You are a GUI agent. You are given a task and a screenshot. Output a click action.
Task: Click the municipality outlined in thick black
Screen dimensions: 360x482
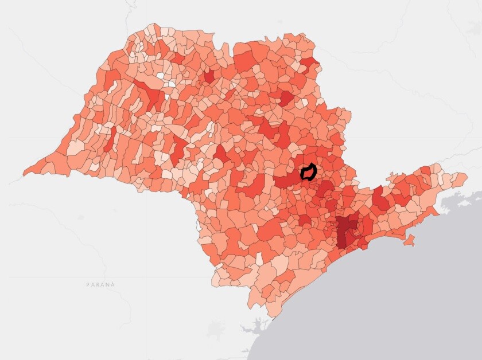[x=309, y=171]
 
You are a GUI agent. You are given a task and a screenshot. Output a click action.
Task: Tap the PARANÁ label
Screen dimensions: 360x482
[x=100, y=284]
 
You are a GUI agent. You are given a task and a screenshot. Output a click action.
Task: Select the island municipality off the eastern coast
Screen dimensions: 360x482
[x=409, y=241]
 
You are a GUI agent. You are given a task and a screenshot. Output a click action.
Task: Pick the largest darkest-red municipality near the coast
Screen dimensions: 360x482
[x=345, y=230]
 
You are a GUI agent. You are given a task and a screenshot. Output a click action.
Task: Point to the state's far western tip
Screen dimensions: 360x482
[x=26, y=171]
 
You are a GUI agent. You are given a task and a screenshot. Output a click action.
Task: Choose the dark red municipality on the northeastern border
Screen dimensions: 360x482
[x=309, y=63]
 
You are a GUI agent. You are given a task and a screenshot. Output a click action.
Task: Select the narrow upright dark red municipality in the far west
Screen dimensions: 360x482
[x=109, y=138]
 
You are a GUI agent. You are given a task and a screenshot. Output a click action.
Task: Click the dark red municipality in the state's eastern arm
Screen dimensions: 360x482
[x=380, y=198]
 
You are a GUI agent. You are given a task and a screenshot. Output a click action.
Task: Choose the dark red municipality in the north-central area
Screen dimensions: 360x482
[x=285, y=98]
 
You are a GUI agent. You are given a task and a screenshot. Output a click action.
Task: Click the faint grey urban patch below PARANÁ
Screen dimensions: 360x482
[x=216, y=330]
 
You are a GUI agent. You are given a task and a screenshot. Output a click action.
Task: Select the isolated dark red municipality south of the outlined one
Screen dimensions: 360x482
[x=304, y=220]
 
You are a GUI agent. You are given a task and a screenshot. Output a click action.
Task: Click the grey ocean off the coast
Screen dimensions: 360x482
[x=402, y=298]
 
